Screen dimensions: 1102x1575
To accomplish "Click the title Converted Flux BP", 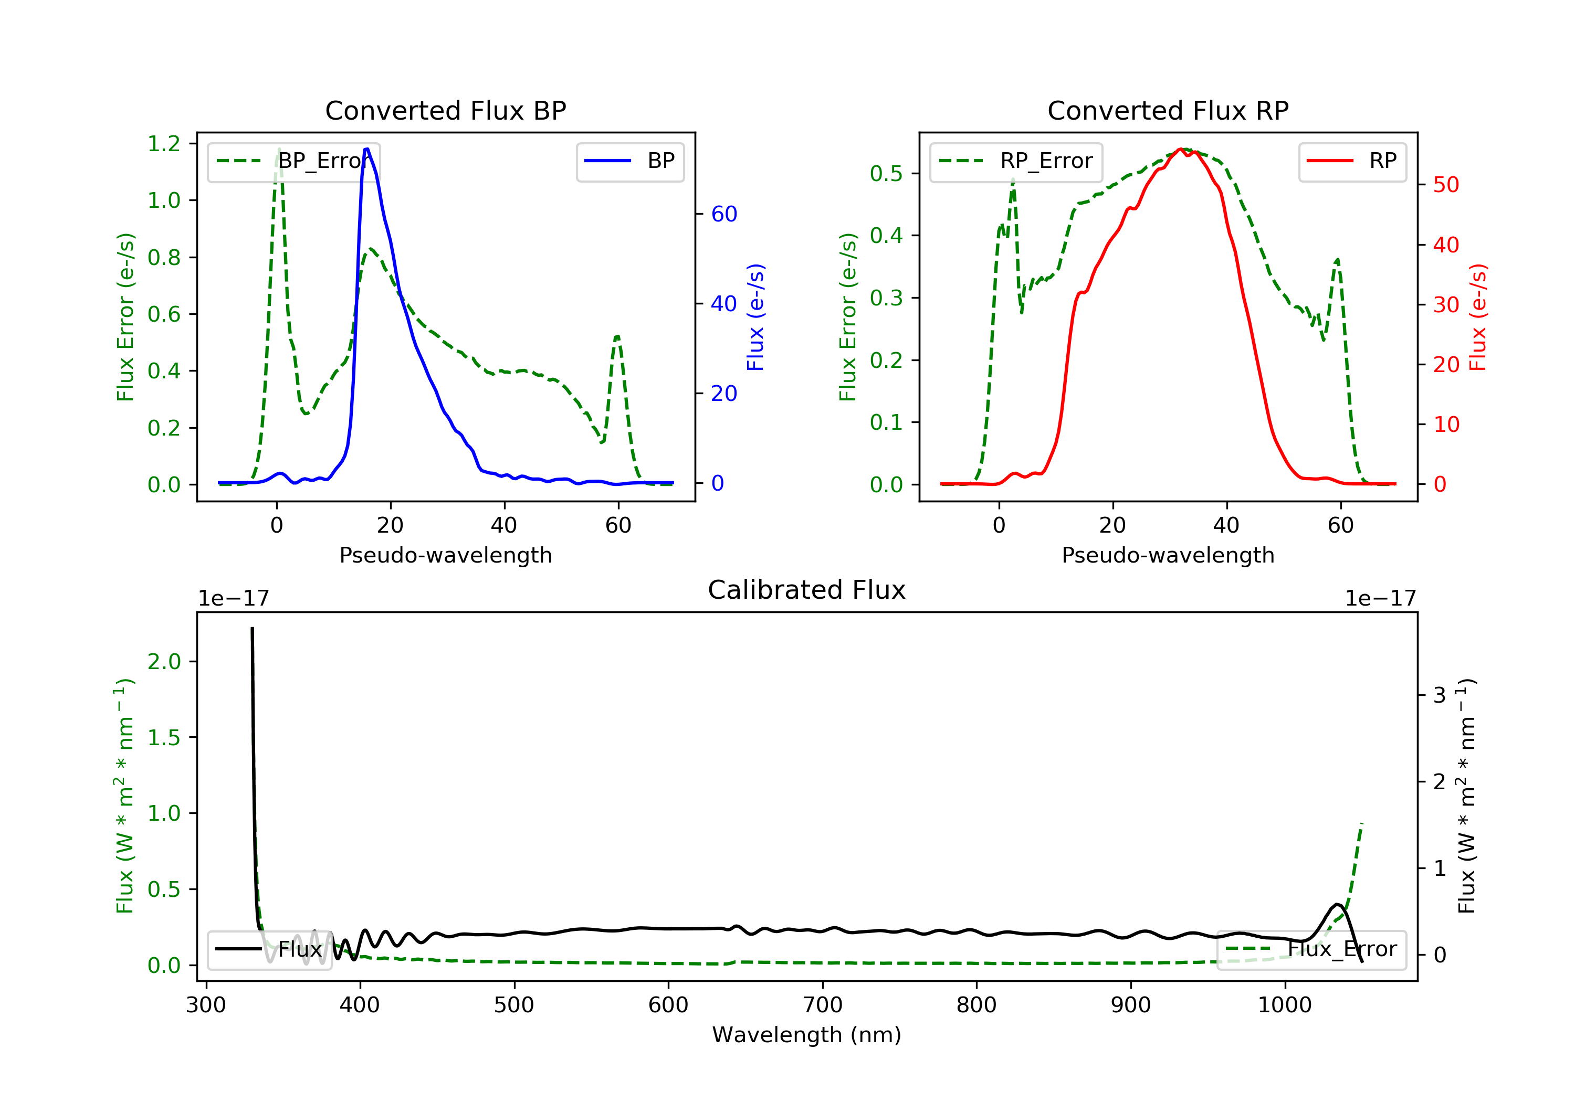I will pyautogui.click(x=445, y=110).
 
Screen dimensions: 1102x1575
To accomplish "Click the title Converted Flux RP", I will pyautogui.click(x=1168, y=110).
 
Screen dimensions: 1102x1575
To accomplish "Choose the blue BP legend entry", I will pyautogui.click(x=629, y=161).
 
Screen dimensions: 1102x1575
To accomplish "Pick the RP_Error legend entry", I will pyautogui.click(x=1016, y=161).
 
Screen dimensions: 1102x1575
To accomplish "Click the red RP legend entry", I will pyautogui.click(x=1352, y=161).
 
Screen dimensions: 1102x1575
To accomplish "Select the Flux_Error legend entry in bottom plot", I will pyautogui.click(x=1311, y=949).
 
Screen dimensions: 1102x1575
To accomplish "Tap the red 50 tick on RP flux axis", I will pyautogui.click(x=1445, y=185).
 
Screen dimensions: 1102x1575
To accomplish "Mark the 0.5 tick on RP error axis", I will pyautogui.click(x=886, y=174).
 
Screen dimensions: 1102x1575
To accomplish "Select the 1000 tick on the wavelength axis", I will pyautogui.click(x=1284, y=1005).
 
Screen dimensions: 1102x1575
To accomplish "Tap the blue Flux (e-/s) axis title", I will pyautogui.click(x=755, y=317).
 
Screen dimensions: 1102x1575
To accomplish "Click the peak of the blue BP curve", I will pyautogui.click(x=367, y=149).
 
